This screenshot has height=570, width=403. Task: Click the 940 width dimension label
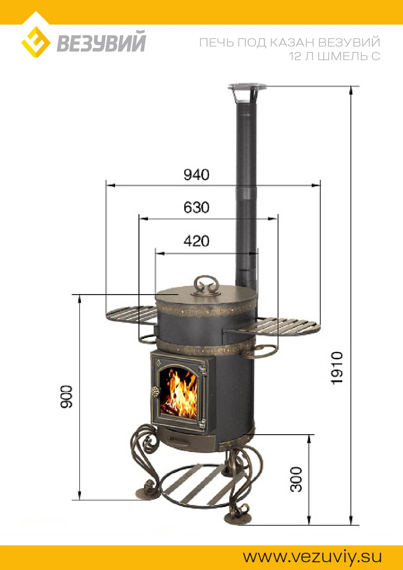196,175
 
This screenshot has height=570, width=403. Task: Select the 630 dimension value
196,208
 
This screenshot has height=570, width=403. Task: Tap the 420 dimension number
196,241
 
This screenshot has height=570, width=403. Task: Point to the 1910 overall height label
337,368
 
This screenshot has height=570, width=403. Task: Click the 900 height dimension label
67,396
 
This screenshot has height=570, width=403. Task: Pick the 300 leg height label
296,479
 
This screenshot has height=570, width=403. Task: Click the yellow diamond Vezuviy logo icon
36,42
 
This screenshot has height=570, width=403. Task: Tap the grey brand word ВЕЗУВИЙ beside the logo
101,41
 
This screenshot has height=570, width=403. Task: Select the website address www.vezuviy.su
312,557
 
